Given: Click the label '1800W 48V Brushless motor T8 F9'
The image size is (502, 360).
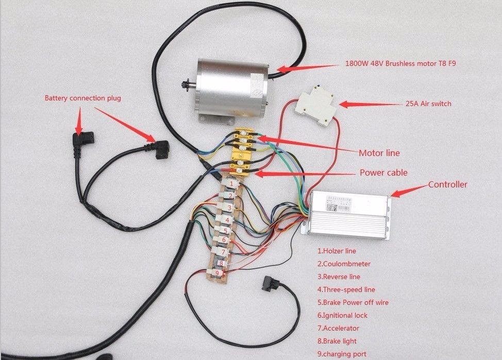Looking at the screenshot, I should pyautogui.click(x=400, y=64).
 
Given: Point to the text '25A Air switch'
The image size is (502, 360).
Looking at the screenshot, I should pyautogui.click(x=428, y=104).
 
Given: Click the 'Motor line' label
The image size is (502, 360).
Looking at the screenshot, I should pyautogui.click(x=379, y=153).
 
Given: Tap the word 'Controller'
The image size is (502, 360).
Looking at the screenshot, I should pyautogui.click(x=447, y=184).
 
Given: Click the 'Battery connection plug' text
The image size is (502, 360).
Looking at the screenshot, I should pyautogui.click(x=82, y=98).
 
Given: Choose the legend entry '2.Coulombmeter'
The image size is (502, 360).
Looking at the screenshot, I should pyautogui.click(x=344, y=264).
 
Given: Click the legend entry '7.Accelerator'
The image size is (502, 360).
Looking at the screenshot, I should pyautogui.click(x=338, y=328).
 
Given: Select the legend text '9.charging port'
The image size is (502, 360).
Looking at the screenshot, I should pyautogui.click(x=342, y=354).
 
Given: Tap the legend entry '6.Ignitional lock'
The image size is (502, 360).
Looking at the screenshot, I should pyautogui.click(x=342, y=315).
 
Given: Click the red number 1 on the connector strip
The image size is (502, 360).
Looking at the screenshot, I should pyautogui.click(x=232, y=183).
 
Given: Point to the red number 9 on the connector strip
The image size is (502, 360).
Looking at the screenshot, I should pyautogui.click(x=217, y=273).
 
